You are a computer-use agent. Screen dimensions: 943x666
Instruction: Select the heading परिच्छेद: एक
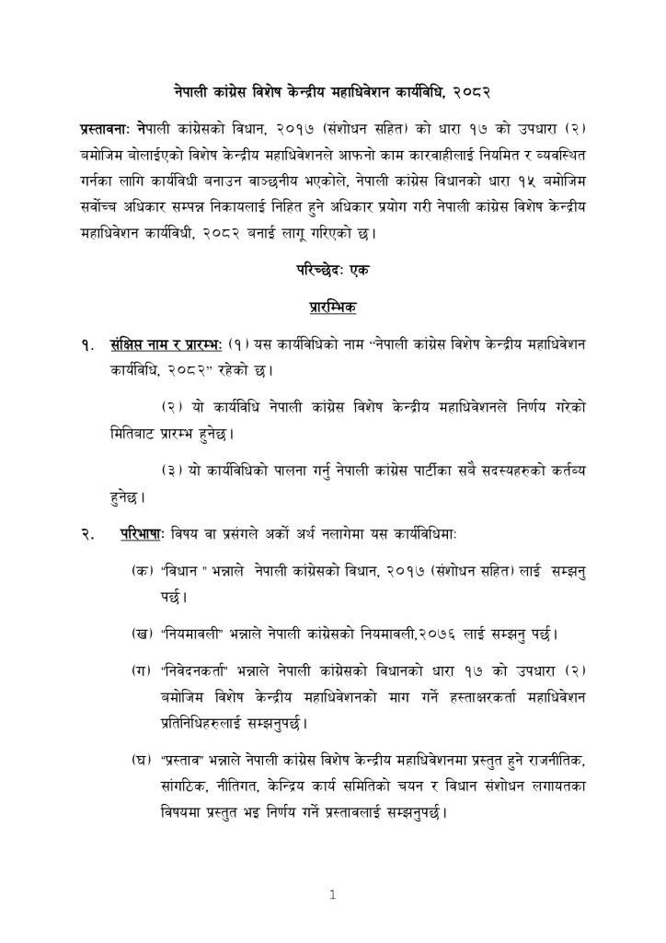click(x=332, y=274)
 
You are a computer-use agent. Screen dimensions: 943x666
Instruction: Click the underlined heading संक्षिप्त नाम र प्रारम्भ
click(x=164, y=345)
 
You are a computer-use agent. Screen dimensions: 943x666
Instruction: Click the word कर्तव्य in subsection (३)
click(x=565, y=470)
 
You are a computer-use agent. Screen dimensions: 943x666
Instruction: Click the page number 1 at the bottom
click(x=333, y=893)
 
